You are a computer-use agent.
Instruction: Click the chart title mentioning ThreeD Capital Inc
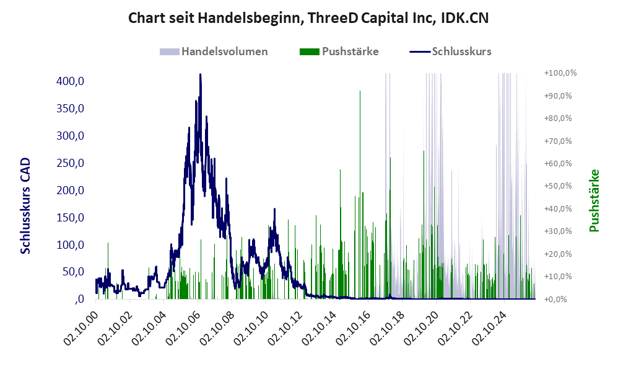click(308, 18)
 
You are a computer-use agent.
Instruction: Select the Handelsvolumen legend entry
click(214, 51)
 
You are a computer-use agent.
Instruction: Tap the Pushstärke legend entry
click(339, 51)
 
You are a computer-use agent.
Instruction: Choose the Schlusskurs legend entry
click(450, 51)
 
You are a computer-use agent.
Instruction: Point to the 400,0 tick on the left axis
click(71, 81)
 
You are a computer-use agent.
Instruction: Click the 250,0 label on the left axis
click(71, 163)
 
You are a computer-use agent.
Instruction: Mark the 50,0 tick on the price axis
click(73, 272)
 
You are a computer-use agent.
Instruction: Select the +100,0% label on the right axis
click(560, 73)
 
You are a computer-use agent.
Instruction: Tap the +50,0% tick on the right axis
click(558, 186)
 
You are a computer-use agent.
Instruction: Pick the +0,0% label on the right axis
click(555, 299)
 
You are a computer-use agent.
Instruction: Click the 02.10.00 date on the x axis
click(80, 328)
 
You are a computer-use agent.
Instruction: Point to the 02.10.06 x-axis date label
click(182, 328)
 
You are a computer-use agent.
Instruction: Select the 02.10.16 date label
click(352, 328)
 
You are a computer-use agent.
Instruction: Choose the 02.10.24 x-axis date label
click(489, 328)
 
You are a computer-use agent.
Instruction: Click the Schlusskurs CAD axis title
click(25, 206)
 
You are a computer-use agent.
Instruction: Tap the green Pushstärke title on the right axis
click(594, 201)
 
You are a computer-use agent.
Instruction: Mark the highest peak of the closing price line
click(200, 74)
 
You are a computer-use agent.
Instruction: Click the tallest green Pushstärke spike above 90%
click(360, 91)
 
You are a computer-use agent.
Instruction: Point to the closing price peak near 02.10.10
click(274, 209)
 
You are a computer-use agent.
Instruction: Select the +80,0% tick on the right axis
click(558, 118)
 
